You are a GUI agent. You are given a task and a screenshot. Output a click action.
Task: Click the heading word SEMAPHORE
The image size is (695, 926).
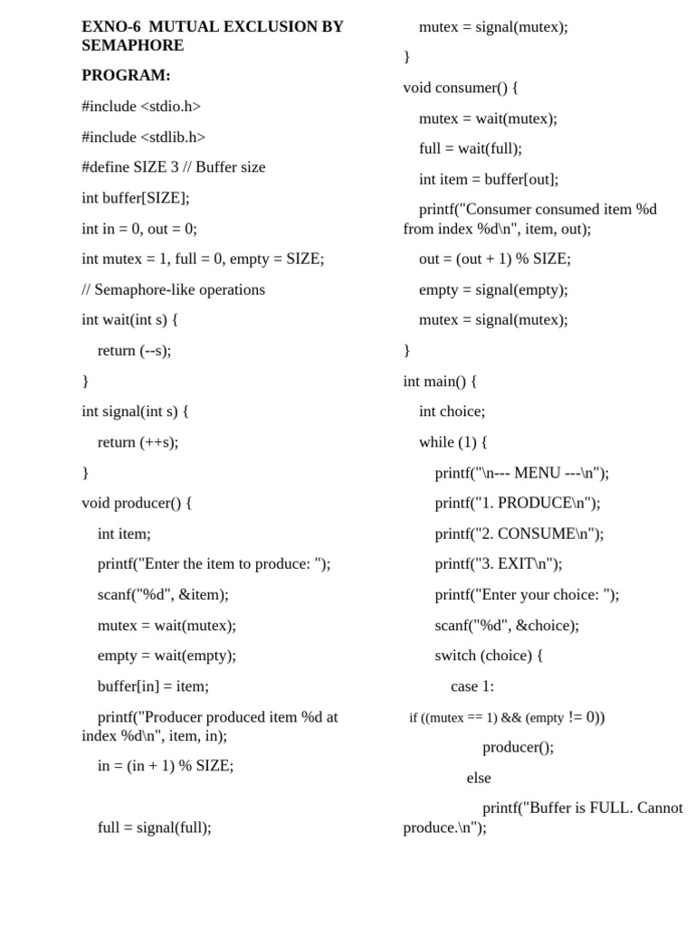pyautogui.click(x=132, y=45)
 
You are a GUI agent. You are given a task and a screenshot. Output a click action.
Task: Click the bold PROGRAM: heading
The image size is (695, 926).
pyautogui.click(x=126, y=76)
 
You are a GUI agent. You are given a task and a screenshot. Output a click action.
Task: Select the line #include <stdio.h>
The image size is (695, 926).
pyautogui.click(x=141, y=107)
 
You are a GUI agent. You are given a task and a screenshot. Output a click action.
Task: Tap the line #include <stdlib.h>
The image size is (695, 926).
pyautogui.click(x=143, y=137)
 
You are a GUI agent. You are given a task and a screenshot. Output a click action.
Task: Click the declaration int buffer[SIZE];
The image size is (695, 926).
pyautogui.click(x=136, y=198)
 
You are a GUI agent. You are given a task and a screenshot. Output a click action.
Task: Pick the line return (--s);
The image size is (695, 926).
pyautogui.click(x=134, y=351)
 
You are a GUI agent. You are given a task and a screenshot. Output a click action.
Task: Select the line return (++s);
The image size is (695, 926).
pyautogui.click(x=138, y=442)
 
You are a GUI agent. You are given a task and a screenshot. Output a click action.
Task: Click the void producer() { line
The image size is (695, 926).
pyautogui.click(x=137, y=503)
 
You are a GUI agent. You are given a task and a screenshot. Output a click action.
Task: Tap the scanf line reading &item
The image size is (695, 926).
pyautogui.click(x=163, y=595)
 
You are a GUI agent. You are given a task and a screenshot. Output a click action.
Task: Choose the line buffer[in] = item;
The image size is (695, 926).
pyautogui.click(x=153, y=686)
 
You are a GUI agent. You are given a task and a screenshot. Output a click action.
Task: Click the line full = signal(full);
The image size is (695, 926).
pyautogui.click(x=154, y=827)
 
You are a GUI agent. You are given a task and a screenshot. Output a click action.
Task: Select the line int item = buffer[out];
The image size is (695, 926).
pyautogui.click(x=489, y=179)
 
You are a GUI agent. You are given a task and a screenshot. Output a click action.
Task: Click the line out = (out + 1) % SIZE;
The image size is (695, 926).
pyautogui.click(x=494, y=259)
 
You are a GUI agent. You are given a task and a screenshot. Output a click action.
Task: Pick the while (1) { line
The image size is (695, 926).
pyautogui.click(x=452, y=442)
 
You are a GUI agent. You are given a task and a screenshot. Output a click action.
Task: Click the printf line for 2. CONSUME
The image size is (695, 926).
pyautogui.click(x=519, y=534)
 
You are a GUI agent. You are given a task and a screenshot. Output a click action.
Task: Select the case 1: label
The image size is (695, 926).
pyautogui.click(x=472, y=686)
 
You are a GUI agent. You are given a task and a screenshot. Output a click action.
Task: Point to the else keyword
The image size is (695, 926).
pyautogui.click(x=479, y=778)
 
